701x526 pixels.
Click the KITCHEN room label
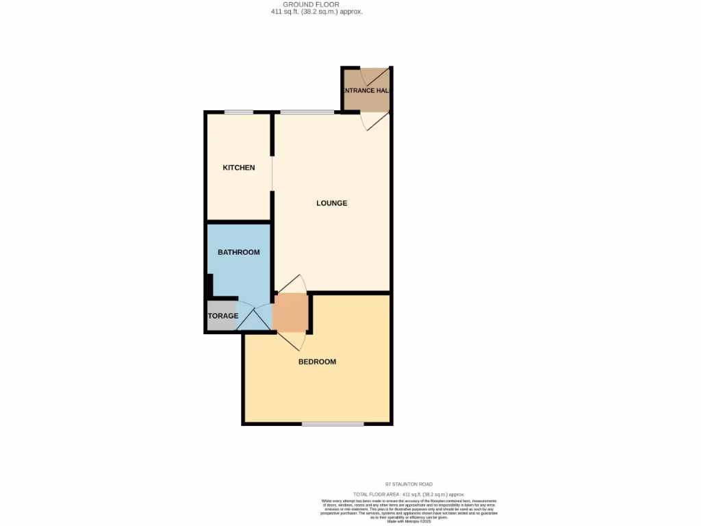(x=238, y=168)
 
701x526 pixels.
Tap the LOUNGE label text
(x=331, y=203)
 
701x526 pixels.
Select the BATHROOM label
(x=238, y=252)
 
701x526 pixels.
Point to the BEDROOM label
(x=317, y=362)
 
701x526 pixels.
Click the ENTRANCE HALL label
(x=366, y=90)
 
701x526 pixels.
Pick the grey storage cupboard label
(x=223, y=316)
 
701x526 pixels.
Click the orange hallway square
(x=291, y=313)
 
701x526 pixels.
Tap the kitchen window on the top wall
(x=238, y=112)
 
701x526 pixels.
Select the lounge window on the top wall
(x=302, y=112)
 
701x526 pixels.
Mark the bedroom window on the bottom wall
(x=333, y=424)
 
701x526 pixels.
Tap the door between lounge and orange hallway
(x=291, y=284)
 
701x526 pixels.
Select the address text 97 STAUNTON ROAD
(x=409, y=484)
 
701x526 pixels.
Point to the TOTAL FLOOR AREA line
(x=409, y=494)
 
